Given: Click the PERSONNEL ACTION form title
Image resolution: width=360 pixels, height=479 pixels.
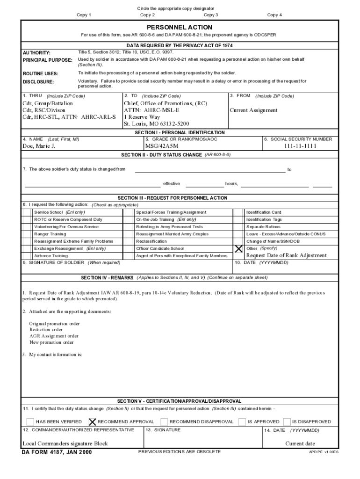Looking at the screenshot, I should point(180,28).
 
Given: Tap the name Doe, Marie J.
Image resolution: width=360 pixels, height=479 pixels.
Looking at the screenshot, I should point(39,146).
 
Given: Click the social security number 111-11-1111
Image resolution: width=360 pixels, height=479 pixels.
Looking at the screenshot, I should point(300,146).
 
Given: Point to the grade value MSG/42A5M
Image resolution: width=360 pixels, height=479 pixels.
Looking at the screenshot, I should point(162,146).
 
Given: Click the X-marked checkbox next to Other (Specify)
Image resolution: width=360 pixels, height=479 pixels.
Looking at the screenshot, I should point(238,248).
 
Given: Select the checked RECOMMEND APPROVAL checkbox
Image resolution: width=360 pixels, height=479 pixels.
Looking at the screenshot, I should point(92,421).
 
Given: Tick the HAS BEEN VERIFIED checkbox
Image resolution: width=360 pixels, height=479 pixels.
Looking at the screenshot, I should point(30,421).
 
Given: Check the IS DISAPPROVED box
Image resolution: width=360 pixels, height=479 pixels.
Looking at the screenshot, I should point(287,421).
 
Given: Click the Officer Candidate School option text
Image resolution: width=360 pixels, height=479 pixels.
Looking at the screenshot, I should point(160,249).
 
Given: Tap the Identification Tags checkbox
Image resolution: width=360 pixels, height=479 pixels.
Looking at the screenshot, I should point(238,219).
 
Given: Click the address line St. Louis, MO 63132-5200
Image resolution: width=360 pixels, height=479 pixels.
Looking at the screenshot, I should point(156,124).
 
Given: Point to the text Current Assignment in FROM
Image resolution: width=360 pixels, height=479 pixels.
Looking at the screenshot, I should point(253,111).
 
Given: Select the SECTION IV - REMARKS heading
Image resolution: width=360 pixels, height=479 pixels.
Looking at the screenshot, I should point(107,277).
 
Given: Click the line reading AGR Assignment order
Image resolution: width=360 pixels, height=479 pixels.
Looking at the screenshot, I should point(54,336).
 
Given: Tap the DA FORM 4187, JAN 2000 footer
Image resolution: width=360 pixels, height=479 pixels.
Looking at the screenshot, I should point(57,452).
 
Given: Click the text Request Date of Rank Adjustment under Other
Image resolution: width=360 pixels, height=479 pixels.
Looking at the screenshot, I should point(287,256).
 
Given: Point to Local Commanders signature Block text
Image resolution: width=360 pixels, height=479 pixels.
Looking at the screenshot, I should point(65,443).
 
